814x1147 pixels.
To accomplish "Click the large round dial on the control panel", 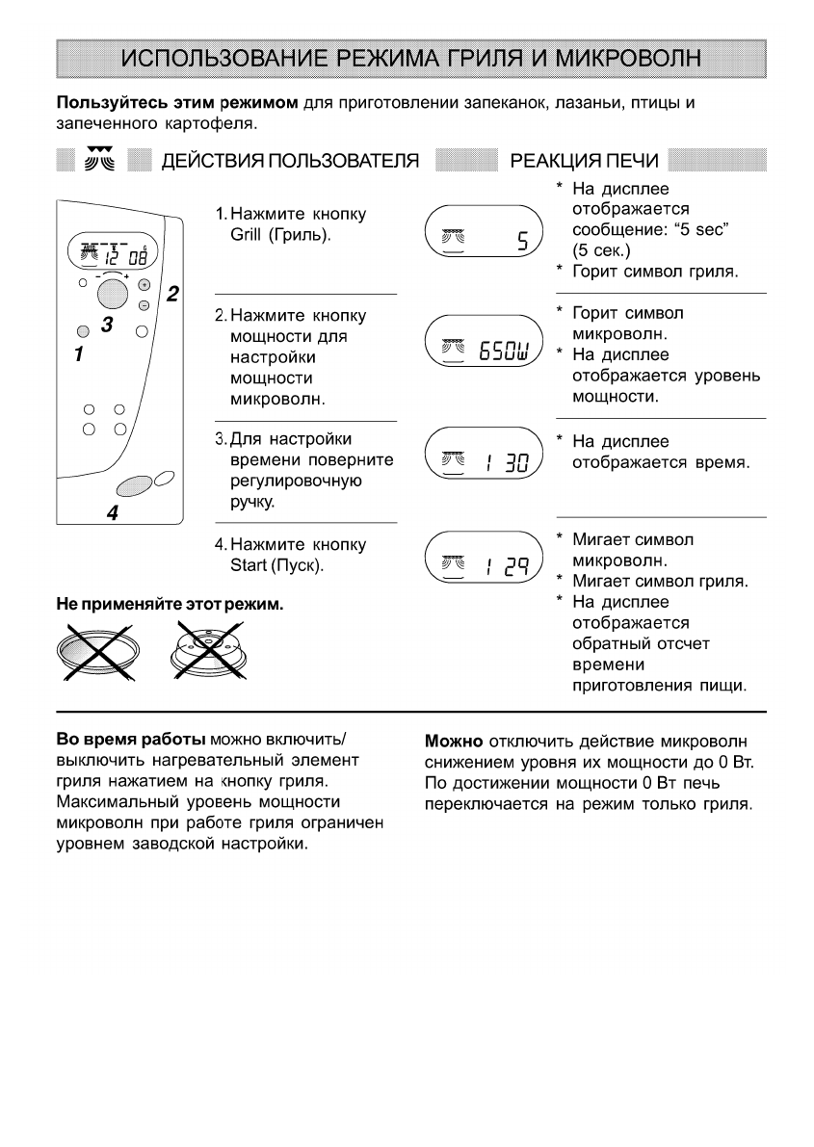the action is (x=113, y=293).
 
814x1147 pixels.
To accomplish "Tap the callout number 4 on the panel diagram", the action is (x=113, y=513).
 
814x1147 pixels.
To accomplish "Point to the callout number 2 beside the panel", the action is (x=172, y=294).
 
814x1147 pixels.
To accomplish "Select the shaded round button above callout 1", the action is (x=82, y=332).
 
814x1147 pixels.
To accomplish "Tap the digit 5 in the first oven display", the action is (x=522, y=237).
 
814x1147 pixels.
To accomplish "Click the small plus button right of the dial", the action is (x=144, y=285).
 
